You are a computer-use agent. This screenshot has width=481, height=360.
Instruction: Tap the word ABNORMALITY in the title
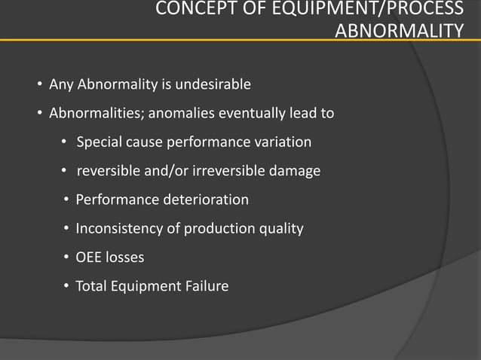pos(399,31)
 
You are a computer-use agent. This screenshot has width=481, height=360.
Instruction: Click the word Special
pos(99,142)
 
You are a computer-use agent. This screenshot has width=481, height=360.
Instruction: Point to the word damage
pos(295,171)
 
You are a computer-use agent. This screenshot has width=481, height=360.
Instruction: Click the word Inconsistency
pos(118,228)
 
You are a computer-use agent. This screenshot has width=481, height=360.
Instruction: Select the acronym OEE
pos(88,257)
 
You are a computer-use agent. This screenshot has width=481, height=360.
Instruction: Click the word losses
pos(124,257)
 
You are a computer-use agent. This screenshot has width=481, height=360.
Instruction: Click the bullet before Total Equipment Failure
pos(67,286)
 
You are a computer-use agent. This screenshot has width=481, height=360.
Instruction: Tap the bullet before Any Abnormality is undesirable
pos(40,84)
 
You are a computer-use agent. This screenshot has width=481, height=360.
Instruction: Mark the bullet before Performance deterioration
pos(67,200)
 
